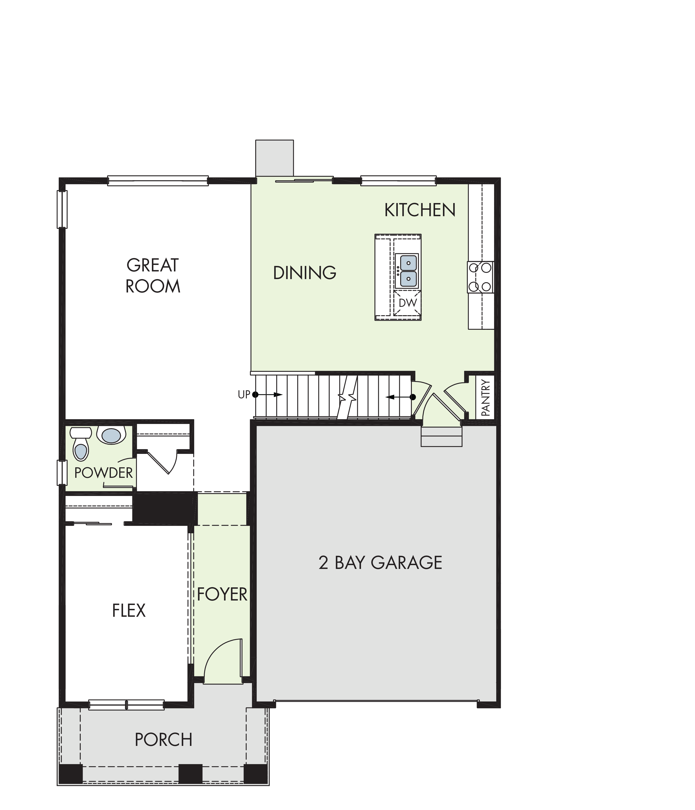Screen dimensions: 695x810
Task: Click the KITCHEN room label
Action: pyautogui.click(x=420, y=210)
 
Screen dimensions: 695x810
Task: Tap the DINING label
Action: pyautogui.click(x=305, y=273)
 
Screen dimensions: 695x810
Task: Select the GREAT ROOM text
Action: pyautogui.click(x=153, y=276)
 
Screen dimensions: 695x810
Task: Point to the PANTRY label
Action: pyautogui.click(x=485, y=397)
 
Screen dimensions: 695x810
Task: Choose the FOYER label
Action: pyautogui.click(x=222, y=595)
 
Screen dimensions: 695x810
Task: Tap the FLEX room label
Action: pyautogui.click(x=129, y=610)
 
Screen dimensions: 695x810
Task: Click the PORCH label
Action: pyautogui.click(x=164, y=740)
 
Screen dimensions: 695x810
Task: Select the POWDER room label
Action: pyautogui.click(x=103, y=473)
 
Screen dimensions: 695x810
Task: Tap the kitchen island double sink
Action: pyautogui.click(x=406, y=271)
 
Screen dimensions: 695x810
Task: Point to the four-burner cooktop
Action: pyautogui.click(x=480, y=277)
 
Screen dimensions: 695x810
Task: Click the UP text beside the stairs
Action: pyautogui.click(x=244, y=395)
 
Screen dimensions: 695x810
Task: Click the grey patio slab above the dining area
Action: pyautogui.click(x=275, y=158)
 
